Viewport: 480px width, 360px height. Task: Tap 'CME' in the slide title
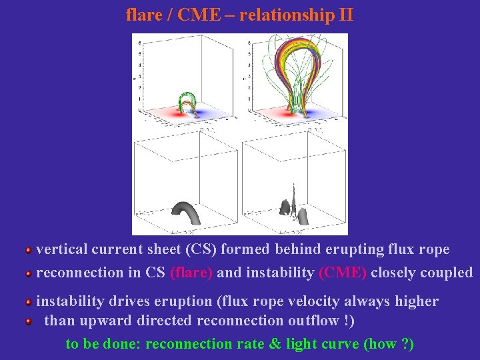click(x=199, y=14)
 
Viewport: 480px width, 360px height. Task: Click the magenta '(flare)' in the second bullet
click(x=192, y=273)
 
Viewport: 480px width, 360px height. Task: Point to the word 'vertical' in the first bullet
click(x=61, y=249)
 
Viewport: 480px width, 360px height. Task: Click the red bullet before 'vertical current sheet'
click(x=29, y=251)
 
